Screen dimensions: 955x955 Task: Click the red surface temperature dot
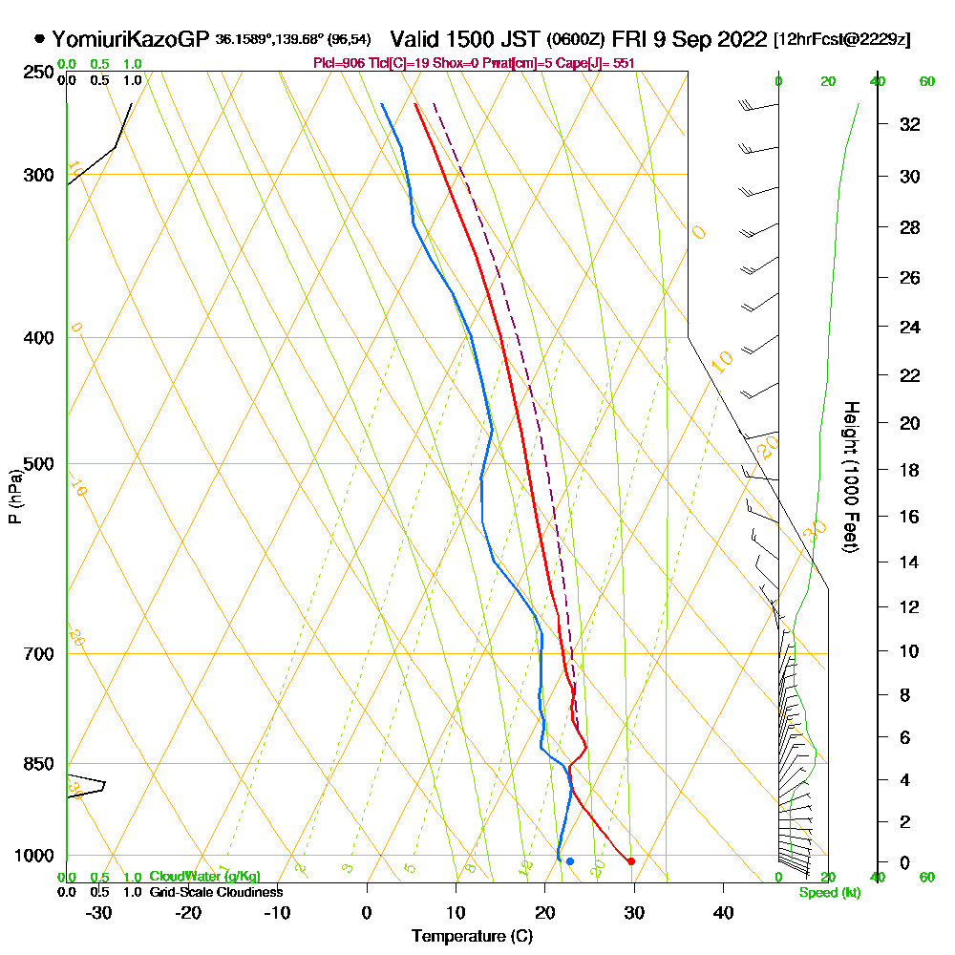(x=631, y=861)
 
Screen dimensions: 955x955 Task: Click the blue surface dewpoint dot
(x=570, y=861)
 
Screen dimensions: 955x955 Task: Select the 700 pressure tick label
(x=38, y=654)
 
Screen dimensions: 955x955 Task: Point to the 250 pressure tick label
(x=38, y=73)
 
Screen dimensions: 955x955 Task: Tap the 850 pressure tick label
(x=38, y=764)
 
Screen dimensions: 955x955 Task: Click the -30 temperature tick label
(x=99, y=912)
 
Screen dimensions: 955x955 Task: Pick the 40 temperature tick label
(x=723, y=912)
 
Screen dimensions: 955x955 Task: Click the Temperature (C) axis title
(x=472, y=937)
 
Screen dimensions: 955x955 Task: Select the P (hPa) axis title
(x=14, y=496)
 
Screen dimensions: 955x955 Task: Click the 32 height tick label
(x=909, y=124)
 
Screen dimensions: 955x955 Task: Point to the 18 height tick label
(x=909, y=470)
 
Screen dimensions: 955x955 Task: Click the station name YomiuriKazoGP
(x=130, y=39)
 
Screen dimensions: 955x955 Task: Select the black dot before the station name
(x=39, y=39)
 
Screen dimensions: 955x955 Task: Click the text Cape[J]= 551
(x=598, y=63)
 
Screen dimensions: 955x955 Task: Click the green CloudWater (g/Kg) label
(x=204, y=877)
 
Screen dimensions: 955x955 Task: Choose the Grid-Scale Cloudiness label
(x=215, y=892)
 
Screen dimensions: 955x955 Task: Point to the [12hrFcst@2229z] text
(x=842, y=40)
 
